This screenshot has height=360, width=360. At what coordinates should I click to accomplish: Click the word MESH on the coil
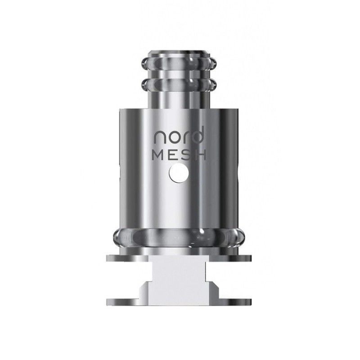click(179, 155)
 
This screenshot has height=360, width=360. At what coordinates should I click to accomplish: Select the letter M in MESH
click(158, 155)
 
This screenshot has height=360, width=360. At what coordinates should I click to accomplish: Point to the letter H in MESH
click(200, 155)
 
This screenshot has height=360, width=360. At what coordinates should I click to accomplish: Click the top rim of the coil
click(179, 49)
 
